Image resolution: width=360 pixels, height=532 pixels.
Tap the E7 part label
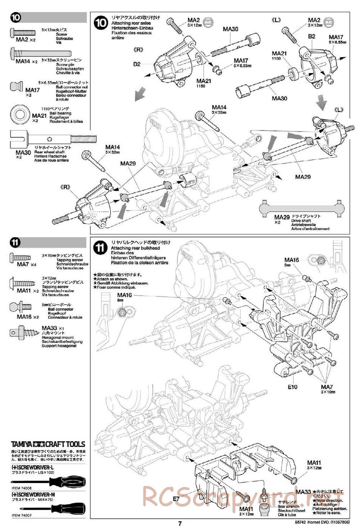click(x=176, y=499)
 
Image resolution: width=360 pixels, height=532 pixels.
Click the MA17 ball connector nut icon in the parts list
click(x=17, y=88)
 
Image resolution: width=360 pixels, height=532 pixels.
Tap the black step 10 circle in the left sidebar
click(x=16, y=18)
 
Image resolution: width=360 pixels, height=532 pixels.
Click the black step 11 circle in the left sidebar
click(x=16, y=243)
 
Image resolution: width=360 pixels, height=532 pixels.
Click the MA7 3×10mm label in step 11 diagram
click(x=328, y=389)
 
